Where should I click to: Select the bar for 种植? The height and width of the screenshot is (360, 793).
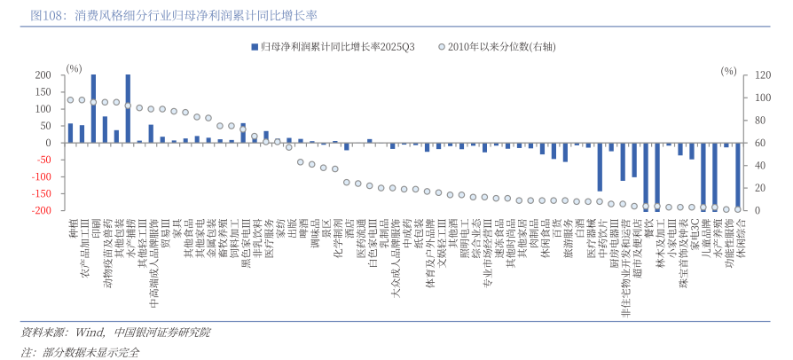pos(71,133)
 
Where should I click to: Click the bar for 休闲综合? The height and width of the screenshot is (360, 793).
pos(737,176)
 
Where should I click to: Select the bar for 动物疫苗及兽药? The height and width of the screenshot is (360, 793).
pos(105,129)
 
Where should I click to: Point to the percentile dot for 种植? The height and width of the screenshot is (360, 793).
pos(71,100)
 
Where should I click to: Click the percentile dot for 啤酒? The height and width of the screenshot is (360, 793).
pos(301,162)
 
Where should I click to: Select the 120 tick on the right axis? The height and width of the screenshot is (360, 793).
pos(761,75)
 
